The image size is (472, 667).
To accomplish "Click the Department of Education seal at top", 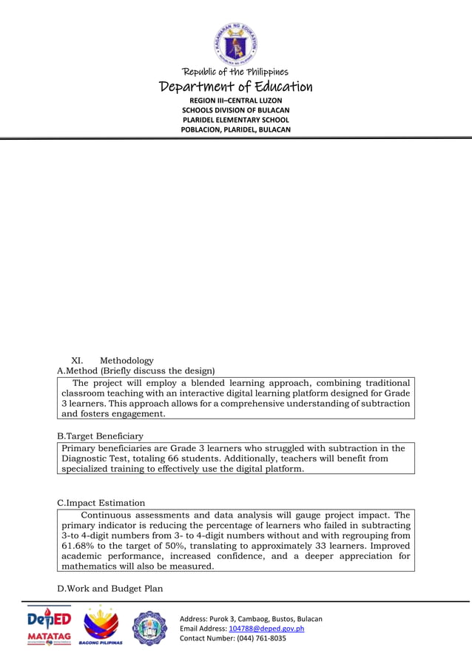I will pos(236,43).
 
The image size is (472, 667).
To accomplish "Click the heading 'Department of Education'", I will pos(236,87).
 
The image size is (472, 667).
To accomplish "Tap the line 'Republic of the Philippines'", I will pos(236,72).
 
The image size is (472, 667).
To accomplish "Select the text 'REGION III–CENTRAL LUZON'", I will pos(236,100).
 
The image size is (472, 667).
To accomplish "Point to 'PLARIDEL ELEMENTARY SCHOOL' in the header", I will pos(236,120).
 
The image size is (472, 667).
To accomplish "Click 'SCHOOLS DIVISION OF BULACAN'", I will pos(236,110).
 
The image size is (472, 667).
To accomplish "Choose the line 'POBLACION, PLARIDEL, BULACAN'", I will pos(236,129).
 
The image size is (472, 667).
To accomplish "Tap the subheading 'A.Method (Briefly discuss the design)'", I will pos(136,370).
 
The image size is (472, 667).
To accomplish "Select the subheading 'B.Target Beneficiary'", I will pos(101,436).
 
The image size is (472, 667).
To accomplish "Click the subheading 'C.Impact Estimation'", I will pos(101,503).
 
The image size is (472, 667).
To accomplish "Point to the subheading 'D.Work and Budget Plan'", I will pos(110,589).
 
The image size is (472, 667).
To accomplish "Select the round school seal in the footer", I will pos(150,628).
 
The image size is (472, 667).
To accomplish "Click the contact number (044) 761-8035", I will pos(261,638).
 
